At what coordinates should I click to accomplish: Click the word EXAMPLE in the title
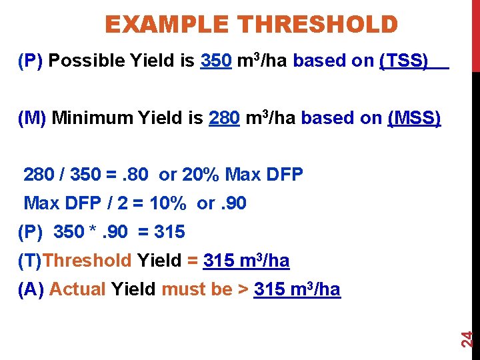click(169, 25)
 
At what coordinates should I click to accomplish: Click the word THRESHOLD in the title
click(318, 25)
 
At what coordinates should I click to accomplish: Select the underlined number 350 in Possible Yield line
click(216, 61)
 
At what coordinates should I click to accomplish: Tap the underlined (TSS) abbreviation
click(404, 61)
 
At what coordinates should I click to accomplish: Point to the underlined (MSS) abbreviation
click(414, 118)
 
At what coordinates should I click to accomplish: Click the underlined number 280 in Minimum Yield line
click(225, 118)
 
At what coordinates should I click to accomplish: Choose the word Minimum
click(93, 118)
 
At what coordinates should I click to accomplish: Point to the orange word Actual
click(77, 289)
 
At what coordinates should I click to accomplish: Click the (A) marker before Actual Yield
click(31, 289)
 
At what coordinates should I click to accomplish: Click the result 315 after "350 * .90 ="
click(169, 232)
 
